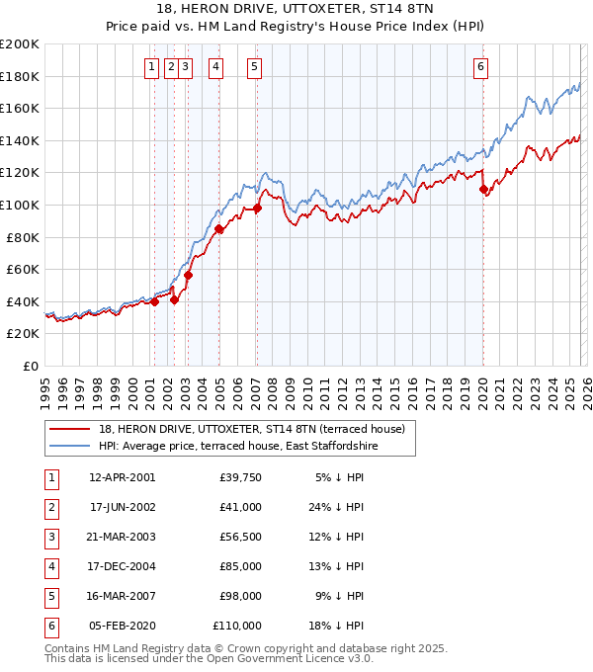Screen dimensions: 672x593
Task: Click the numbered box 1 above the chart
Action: point(151,67)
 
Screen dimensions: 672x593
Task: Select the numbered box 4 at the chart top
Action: point(215,67)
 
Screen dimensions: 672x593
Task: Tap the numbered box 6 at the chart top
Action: point(480,67)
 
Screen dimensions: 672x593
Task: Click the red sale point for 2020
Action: point(483,189)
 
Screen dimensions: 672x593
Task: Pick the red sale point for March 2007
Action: point(257,209)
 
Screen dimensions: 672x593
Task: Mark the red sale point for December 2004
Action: point(218,229)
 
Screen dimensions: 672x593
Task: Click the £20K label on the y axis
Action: point(23,334)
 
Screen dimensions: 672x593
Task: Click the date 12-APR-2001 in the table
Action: point(122,477)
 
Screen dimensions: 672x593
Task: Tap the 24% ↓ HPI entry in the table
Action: point(339,507)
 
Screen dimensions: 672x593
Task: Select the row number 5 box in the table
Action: point(52,596)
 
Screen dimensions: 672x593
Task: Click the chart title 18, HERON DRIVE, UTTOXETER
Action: point(296,10)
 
